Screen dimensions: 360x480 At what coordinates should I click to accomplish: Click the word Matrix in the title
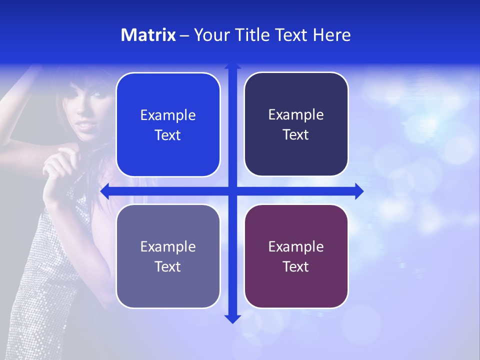click(148, 35)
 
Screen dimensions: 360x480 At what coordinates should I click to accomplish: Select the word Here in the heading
click(331, 35)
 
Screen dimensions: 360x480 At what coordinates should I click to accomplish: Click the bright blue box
click(168, 124)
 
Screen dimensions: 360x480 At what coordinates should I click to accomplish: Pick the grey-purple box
click(168, 256)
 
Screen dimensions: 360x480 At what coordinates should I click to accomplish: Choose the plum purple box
click(296, 256)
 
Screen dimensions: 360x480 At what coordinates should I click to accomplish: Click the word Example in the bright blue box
click(168, 115)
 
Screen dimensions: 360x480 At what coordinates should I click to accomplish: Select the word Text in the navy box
click(296, 134)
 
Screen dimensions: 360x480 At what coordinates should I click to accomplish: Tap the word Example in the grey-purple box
click(168, 247)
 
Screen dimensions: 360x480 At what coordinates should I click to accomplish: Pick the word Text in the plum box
click(296, 266)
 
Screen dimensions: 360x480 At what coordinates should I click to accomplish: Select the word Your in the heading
click(210, 35)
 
